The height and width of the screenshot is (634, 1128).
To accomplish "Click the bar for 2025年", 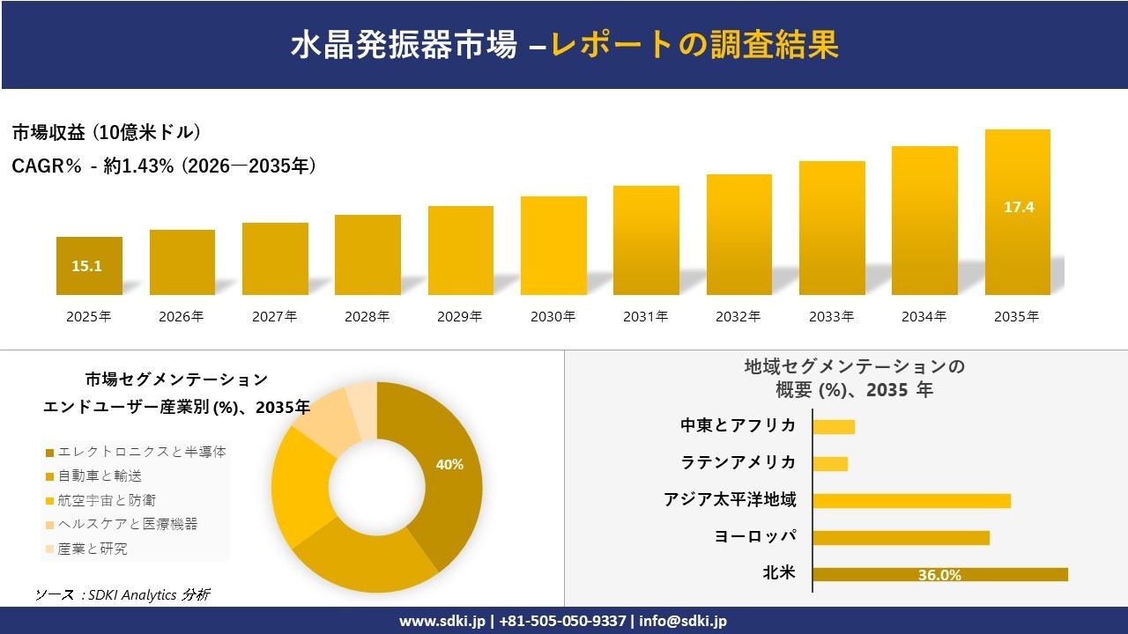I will point(89,265).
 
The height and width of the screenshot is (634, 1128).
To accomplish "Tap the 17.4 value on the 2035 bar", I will point(1018,208).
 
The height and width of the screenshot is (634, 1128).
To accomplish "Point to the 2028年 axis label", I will point(367,317).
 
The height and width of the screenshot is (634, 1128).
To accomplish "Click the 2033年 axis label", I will point(831,317).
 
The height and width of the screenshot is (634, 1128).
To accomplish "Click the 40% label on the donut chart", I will point(449,464).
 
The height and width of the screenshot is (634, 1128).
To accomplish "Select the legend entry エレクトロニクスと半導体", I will point(141,452).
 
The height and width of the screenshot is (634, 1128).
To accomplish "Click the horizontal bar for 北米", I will point(939,574).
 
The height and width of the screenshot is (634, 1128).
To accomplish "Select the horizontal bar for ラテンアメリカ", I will point(830,463).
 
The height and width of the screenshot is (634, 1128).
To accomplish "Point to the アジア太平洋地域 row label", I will point(730,500).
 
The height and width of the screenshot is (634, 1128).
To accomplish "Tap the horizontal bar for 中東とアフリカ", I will point(834,426).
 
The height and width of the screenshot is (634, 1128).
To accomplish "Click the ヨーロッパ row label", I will point(755,537).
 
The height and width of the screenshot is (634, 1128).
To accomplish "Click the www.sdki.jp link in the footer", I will point(442,621).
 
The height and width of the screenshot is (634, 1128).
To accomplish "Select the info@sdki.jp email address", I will point(683,621).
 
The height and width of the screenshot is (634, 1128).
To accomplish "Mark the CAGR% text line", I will point(164,166).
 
